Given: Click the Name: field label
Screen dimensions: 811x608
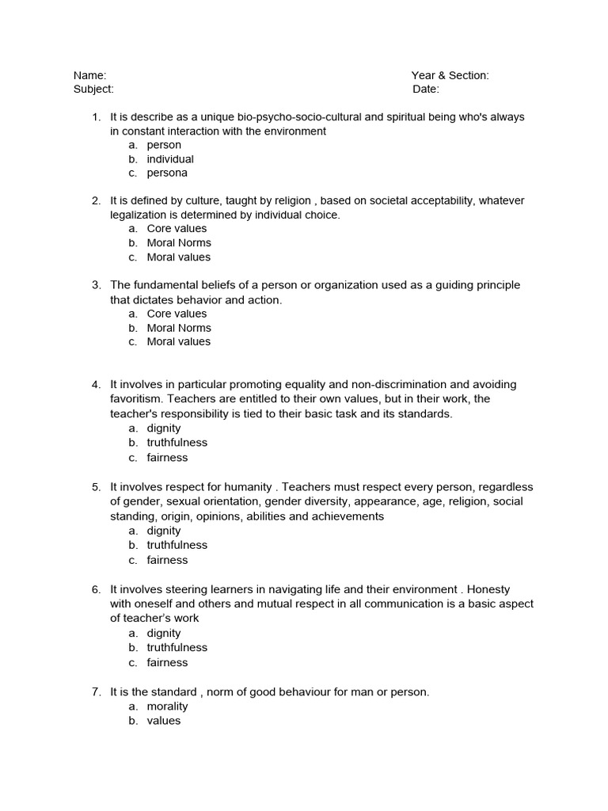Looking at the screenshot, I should [89, 75].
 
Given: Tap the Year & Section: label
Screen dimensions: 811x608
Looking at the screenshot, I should [450, 75].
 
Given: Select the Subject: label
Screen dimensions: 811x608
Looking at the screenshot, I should [93, 89].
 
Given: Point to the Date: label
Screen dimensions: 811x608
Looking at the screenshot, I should [425, 89].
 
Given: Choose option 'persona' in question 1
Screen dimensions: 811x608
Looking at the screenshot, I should [167, 173].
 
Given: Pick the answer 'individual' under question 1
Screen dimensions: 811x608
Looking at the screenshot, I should [170, 159].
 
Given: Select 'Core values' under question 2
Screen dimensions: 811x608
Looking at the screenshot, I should [177, 229].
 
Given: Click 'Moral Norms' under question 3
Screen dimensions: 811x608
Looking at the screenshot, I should [179, 328].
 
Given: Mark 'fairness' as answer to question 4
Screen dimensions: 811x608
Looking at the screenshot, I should [167, 457].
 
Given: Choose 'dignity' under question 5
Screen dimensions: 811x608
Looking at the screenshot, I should [164, 531].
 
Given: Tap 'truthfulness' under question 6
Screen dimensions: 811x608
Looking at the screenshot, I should [177, 648].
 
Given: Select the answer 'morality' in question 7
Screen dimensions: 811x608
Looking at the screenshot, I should [167, 706].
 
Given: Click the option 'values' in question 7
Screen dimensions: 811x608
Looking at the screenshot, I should [164, 721].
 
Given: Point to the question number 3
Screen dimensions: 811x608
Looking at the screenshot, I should [96, 285].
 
